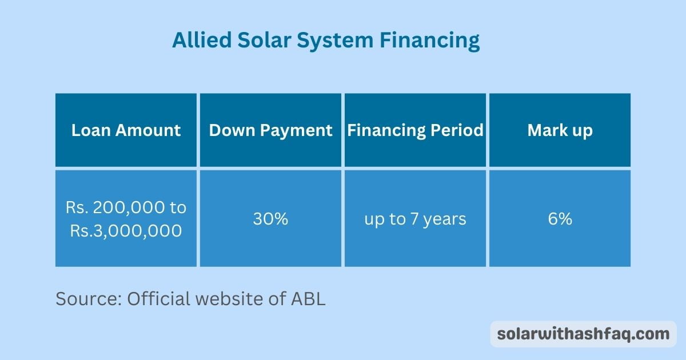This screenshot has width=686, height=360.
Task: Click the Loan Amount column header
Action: click(x=126, y=130)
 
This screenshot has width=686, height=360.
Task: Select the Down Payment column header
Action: click(x=270, y=130)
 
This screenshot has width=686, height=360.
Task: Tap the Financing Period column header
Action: click(x=415, y=130)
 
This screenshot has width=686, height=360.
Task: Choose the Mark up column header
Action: click(x=560, y=130)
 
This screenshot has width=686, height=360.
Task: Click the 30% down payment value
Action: click(x=270, y=219)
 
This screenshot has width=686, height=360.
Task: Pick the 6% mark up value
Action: click(x=560, y=219)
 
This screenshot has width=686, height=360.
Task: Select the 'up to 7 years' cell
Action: click(x=415, y=219)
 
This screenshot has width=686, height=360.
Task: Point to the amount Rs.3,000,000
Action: click(x=126, y=231)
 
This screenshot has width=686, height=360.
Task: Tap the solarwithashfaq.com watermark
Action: click(x=583, y=334)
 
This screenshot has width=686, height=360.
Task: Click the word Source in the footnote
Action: click(x=88, y=299)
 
